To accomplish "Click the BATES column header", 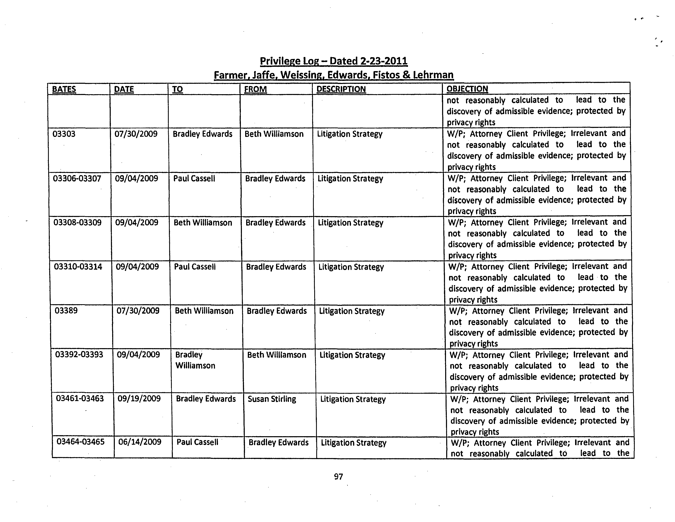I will click(64, 89).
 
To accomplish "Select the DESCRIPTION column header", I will click(341, 89).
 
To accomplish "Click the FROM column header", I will click(255, 89).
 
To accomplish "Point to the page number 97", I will click(339, 477).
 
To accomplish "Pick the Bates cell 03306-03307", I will click(77, 178).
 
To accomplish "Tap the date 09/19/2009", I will click(139, 398).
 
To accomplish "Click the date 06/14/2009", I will click(140, 442).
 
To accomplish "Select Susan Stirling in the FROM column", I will click(272, 399).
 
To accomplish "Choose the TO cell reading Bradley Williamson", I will click(195, 360).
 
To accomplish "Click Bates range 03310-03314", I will click(78, 266).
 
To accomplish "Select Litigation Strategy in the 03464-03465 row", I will click(354, 443).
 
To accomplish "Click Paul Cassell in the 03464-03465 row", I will click(197, 442).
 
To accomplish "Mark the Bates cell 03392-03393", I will click(79, 354).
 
